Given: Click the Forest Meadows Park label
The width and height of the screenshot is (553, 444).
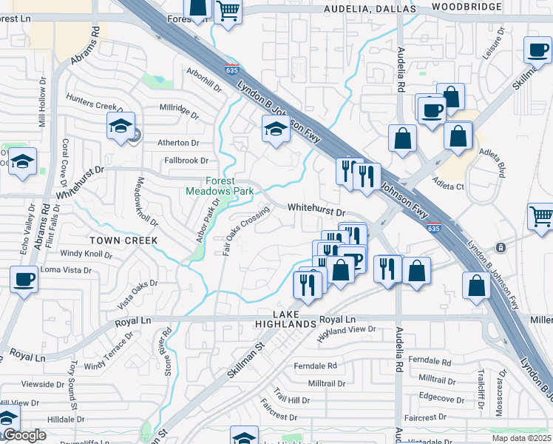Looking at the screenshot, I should [x=220, y=186].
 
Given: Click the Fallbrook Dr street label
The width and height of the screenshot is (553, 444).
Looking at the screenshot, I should [x=186, y=160].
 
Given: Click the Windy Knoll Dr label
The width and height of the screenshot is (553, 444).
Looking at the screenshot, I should [x=86, y=255].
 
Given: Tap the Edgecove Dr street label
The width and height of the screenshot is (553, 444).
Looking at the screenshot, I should [x=440, y=397].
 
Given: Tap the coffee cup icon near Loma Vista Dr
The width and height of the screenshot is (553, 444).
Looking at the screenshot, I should [x=24, y=280].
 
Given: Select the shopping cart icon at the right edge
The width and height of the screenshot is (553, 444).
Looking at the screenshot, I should [x=540, y=217].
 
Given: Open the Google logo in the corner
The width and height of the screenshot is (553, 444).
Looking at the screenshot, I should [x=24, y=435].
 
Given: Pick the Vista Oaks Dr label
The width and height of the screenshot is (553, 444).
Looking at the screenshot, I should [x=138, y=294].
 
